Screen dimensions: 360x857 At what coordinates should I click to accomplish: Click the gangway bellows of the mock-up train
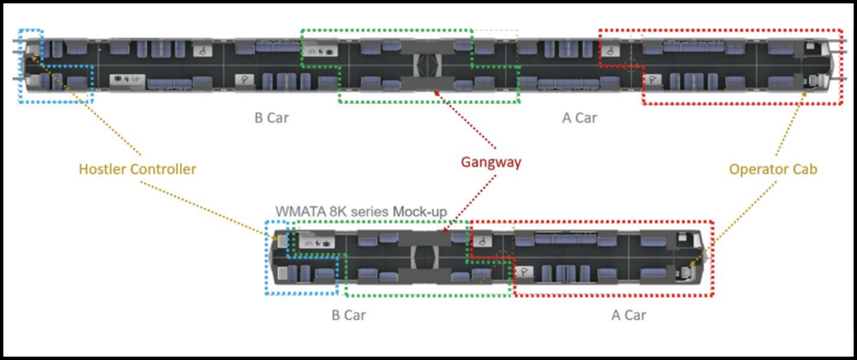(x=429, y=255)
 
